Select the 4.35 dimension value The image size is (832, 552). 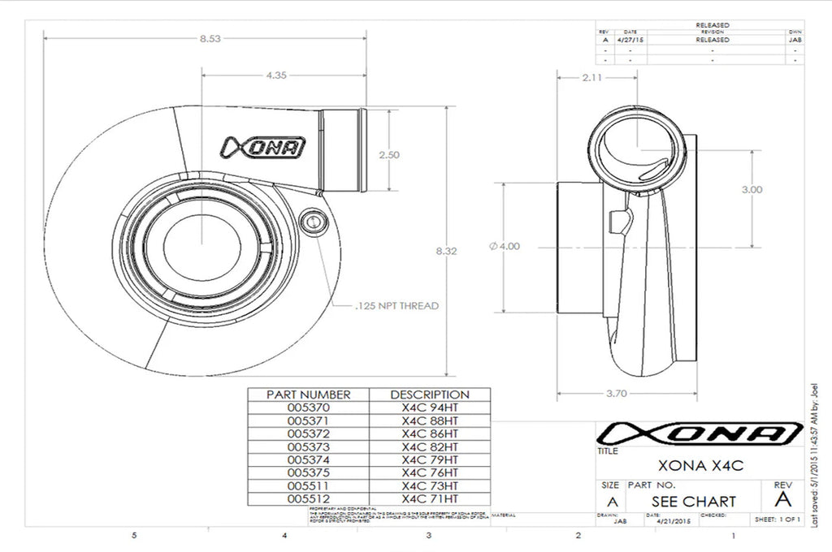click(275, 75)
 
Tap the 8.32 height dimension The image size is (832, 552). click(447, 252)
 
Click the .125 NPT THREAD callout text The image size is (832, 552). click(397, 306)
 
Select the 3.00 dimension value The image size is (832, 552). click(752, 189)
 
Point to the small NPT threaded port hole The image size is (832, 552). click(312, 221)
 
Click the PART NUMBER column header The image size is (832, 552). click(309, 395)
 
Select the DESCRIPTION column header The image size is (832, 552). click(430, 395)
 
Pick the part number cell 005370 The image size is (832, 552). click(309, 408)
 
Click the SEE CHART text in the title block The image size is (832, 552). click(693, 501)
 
